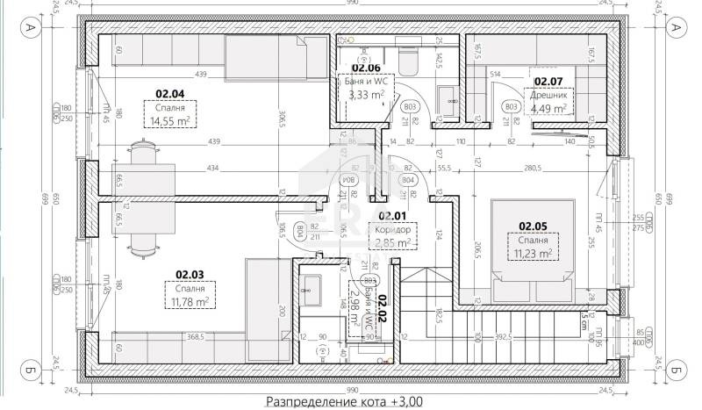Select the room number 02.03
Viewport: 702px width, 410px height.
pyautogui.click(x=190, y=273)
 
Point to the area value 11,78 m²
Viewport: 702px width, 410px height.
pyautogui.click(x=190, y=301)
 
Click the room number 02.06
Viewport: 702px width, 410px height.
pyautogui.click(x=366, y=67)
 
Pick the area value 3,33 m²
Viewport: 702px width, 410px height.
pyautogui.click(x=366, y=95)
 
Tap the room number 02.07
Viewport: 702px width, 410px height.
pyautogui.click(x=548, y=81)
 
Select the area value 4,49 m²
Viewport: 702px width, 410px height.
pyautogui.click(x=548, y=109)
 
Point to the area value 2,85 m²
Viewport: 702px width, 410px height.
pyautogui.click(x=392, y=242)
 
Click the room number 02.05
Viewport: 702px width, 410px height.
pyautogui.click(x=534, y=225)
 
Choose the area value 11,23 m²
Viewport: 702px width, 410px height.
pyautogui.click(x=534, y=254)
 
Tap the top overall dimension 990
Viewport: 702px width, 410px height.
pyautogui.click(x=352, y=4)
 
